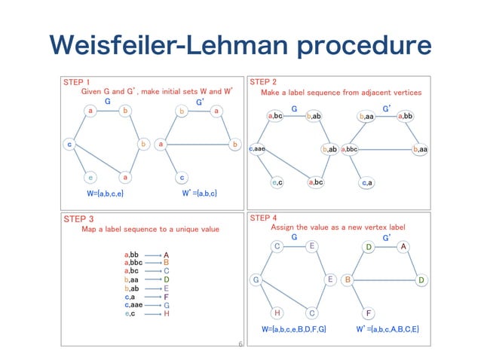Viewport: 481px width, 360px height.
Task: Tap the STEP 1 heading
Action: click(x=75, y=82)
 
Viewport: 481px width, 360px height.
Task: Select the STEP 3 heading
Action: click(x=75, y=219)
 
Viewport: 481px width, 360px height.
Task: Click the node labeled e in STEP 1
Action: click(x=90, y=178)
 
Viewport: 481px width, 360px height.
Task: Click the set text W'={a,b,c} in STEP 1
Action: click(x=201, y=194)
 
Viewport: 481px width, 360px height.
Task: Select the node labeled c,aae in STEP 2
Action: click(x=256, y=150)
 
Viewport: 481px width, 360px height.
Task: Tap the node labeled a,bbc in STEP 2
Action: click(x=352, y=150)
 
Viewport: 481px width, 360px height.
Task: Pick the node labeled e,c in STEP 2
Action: click(x=276, y=182)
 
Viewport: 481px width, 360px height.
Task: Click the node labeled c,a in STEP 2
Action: click(x=367, y=182)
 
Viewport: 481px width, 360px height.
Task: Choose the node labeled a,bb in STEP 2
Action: click(x=405, y=116)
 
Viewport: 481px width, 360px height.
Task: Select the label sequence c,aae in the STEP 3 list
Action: click(x=133, y=304)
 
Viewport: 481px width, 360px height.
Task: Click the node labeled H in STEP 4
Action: click(x=277, y=313)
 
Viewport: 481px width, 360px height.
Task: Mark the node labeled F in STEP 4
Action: click(x=369, y=313)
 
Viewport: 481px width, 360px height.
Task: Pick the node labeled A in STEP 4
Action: click(x=404, y=246)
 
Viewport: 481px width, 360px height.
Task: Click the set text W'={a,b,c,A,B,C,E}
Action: click(x=388, y=329)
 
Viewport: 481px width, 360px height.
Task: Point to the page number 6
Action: click(x=239, y=344)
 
